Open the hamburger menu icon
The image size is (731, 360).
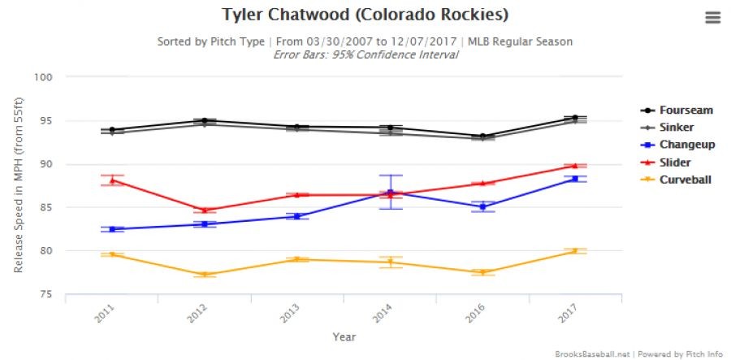[712, 18]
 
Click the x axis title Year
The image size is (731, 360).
[344, 336]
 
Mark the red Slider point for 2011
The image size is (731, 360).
[112, 180]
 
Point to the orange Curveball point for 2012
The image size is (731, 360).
[205, 275]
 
